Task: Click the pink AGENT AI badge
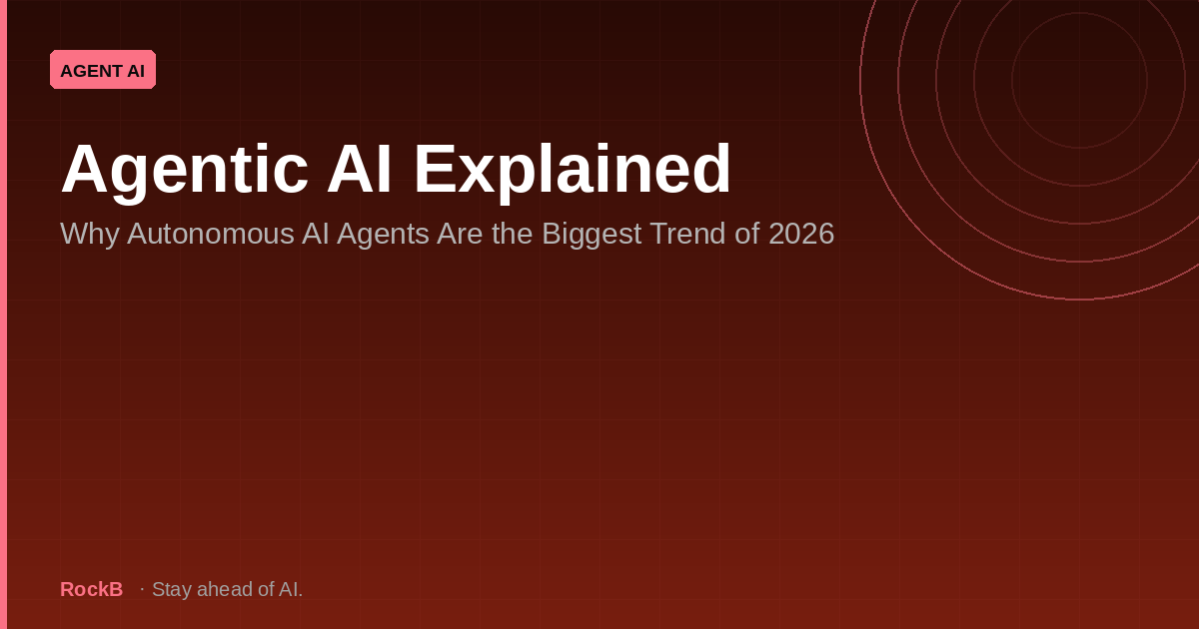tap(103, 70)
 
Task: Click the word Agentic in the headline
tap(184, 169)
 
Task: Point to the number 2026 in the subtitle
tap(800, 234)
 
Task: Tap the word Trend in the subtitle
tap(690, 234)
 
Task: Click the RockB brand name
tap(91, 590)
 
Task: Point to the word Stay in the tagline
tap(171, 590)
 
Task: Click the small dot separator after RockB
tap(142, 590)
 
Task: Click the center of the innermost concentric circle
tap(1079, 80)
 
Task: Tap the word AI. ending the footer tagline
tap(290, 590)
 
